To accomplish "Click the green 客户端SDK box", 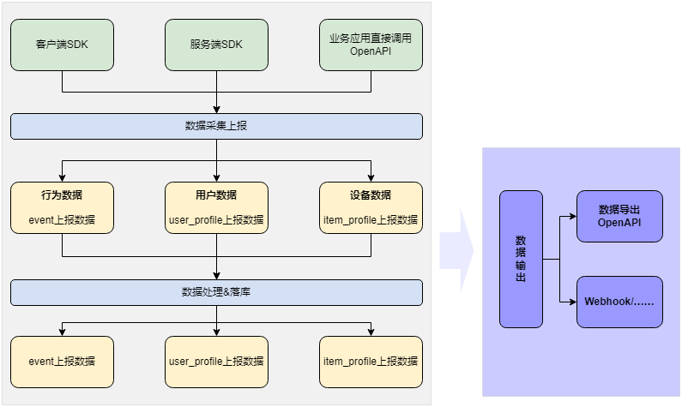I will click(x=62, y=45).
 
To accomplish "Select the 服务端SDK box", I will click(x=216, y=45).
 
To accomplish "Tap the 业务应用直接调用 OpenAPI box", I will click(x=371, y=45).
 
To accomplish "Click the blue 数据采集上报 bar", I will click(x=216, y=126).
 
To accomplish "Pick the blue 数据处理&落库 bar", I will click(x=216, y=292).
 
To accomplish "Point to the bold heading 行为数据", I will click(x=62, y=195).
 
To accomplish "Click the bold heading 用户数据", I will click(x=216, y=195).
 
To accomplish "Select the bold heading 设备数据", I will click(x=371, y=195).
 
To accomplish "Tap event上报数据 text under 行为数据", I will click(x=62, y=220).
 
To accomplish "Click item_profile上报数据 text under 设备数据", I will click(x=371, y=220).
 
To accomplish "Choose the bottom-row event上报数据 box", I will click(x=62, y=362).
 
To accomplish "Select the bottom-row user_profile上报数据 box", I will click(x=216, y=362).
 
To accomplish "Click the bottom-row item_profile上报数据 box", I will click(x=371, y=362).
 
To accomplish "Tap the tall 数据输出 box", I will click(x=521, y=259).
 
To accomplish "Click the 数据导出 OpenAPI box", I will click(x=619, y=216).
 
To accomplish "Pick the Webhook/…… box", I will click(x=619, y=302).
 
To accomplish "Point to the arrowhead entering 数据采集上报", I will click(x=216, y=110).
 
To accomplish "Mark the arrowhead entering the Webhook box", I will click(x=571, y=302).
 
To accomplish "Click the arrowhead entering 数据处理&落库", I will click(x=216, y=276).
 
